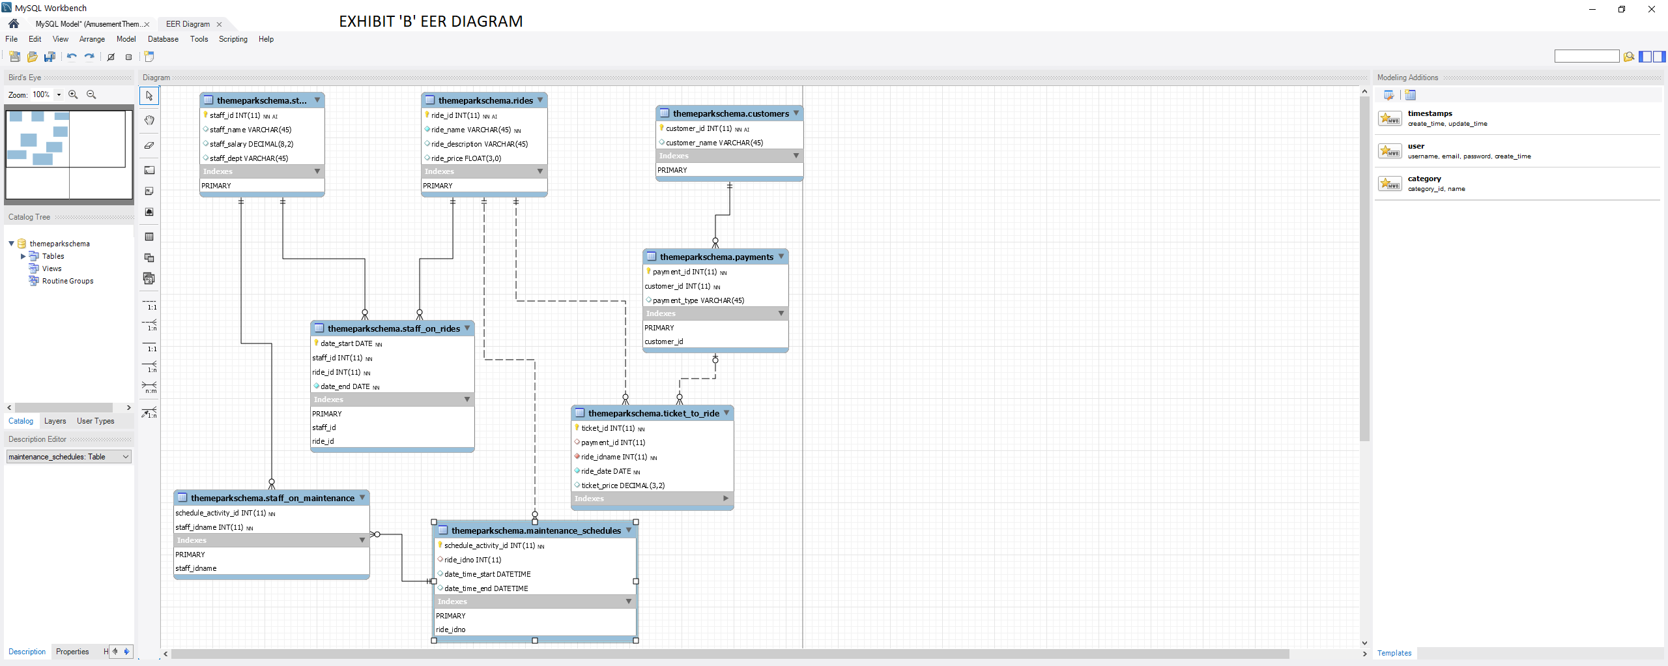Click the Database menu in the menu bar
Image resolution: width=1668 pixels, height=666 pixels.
[x=163, y=39]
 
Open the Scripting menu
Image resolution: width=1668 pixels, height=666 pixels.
[x=233, y=39]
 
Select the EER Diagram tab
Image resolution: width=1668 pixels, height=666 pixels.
[x=188, y=24]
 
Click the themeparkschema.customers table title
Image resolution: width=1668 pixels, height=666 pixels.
[x=730, y=113]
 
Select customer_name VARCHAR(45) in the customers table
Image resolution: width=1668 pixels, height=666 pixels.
[x=714, y=143]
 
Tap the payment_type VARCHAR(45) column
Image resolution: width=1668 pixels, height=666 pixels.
[x=698, y=300]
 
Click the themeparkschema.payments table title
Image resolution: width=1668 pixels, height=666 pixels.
[x=716, y=257]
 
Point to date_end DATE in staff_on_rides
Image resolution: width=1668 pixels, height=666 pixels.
[x=345, y=386]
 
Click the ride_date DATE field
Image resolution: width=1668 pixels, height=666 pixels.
[x=606, y=471]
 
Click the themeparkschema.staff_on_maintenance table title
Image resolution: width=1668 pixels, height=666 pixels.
[x=272, y=498]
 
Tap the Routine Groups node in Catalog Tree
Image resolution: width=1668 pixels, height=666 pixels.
[x=67, y=281]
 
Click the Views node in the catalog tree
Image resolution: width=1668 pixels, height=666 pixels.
[x=51, y=268]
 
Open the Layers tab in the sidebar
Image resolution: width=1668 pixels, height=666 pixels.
[x=55, y=421]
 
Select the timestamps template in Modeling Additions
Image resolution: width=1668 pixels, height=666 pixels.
[x=1430, y=113]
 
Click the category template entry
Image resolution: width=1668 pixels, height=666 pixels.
[x=1424, y=179]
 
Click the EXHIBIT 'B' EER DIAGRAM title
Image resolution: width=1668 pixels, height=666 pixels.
[x=431, y=22]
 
